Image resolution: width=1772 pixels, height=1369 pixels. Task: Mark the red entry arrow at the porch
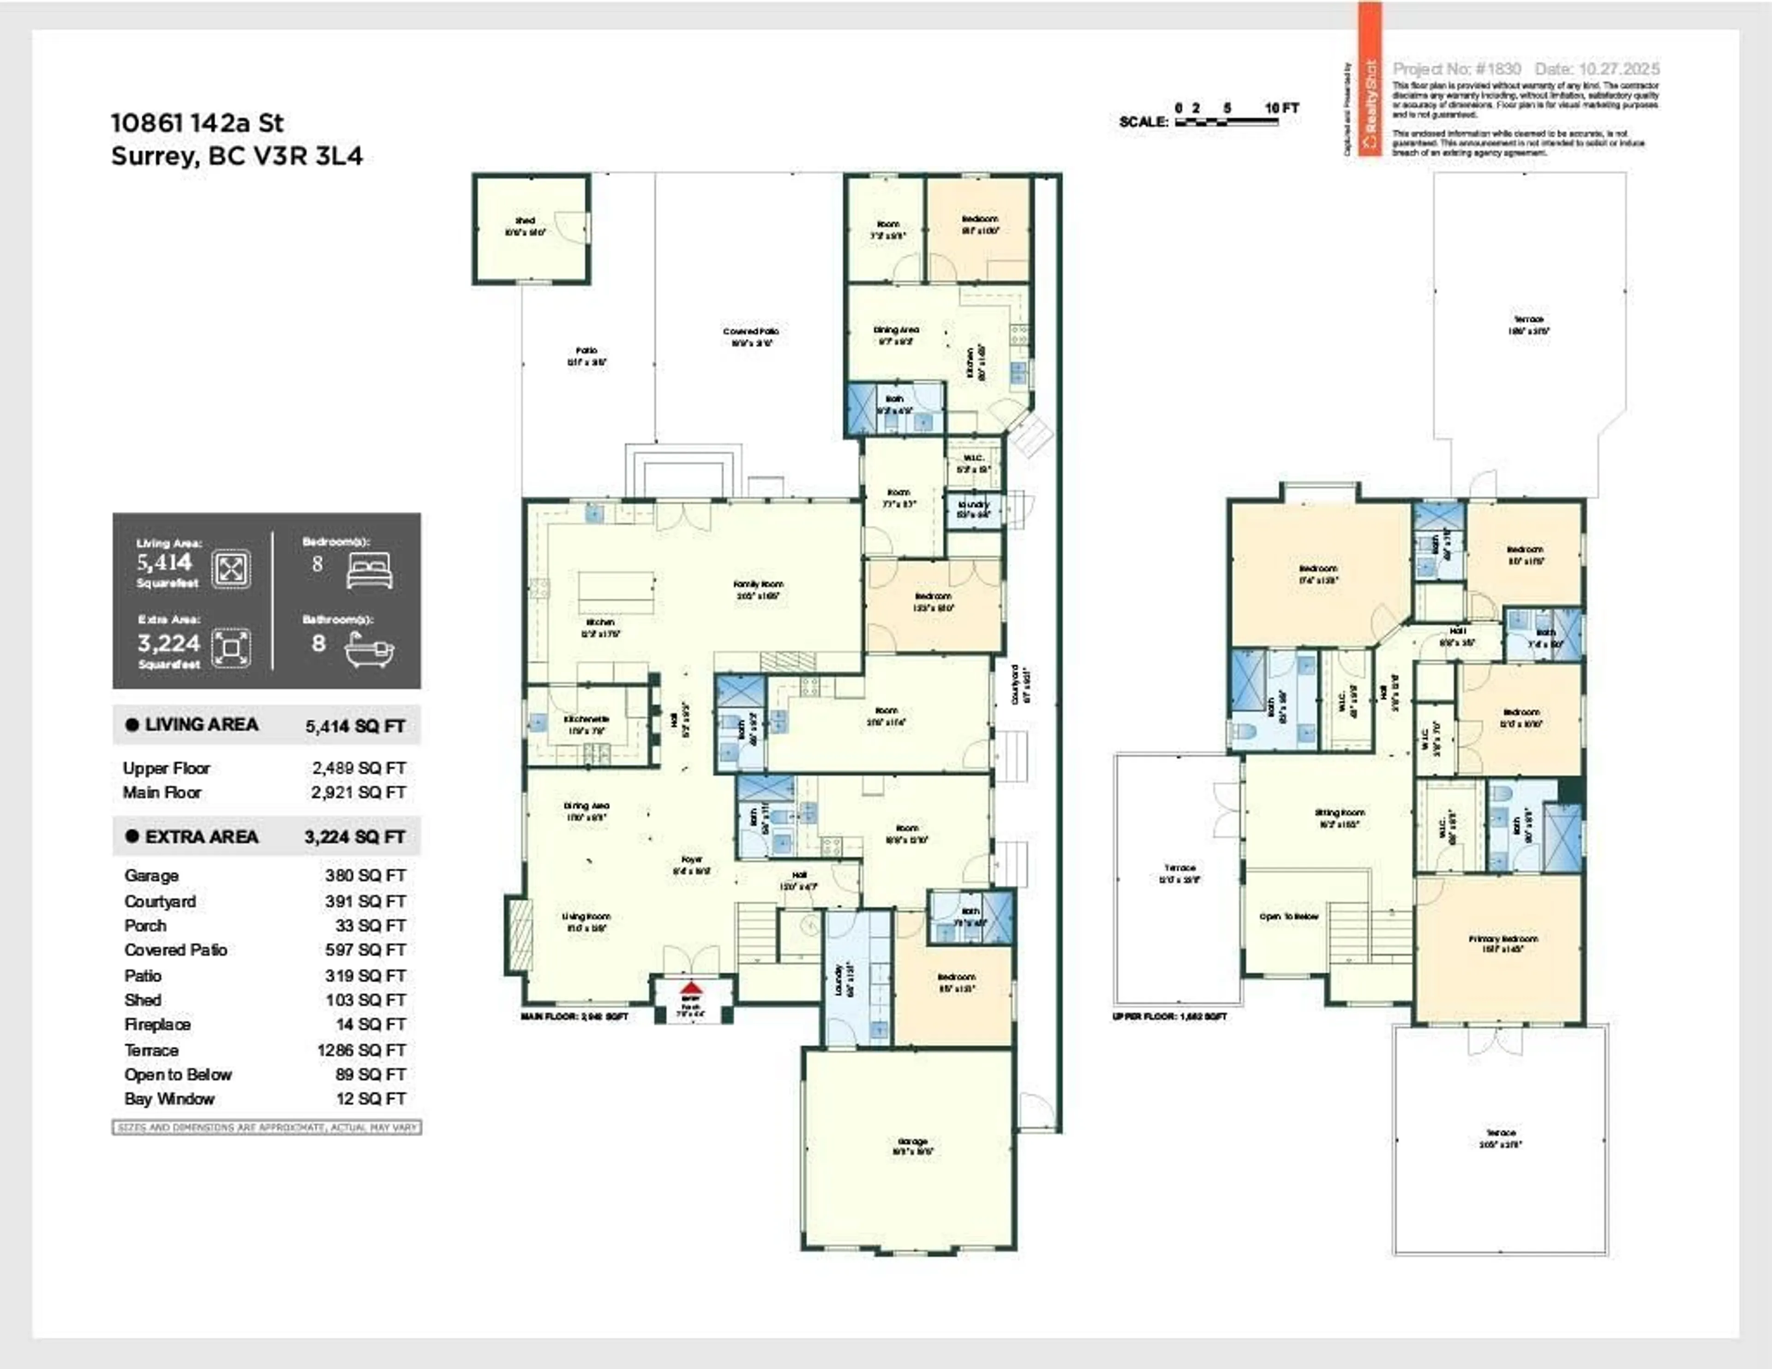coord(690,988)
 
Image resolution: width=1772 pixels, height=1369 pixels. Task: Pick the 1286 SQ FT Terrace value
coord(361,1050)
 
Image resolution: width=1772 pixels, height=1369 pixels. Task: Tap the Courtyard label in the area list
coord(160,901)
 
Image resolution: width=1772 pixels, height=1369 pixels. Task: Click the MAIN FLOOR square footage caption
coord(575,1016)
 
